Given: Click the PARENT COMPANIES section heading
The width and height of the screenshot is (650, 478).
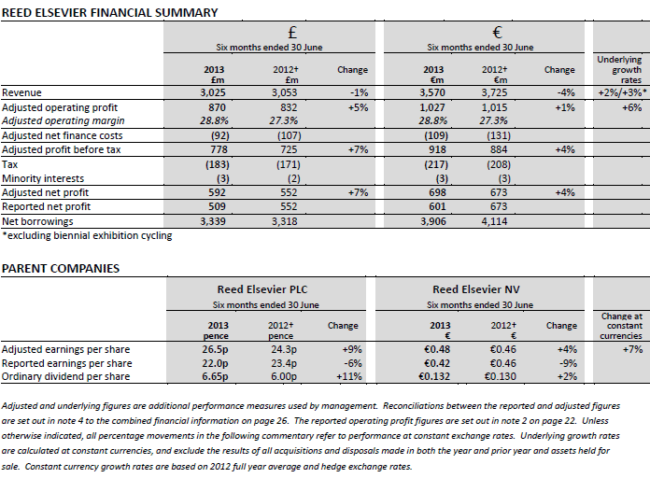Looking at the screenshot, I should [61, 268].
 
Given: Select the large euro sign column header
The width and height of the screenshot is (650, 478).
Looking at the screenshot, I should [480, 33].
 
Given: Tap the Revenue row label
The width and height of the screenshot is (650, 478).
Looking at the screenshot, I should [22, 93].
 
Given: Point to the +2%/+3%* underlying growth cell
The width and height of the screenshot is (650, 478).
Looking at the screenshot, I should [619, 93].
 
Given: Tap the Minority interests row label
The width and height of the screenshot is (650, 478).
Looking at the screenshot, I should [43, 178].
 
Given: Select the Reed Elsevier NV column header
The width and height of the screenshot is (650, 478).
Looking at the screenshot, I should [480, 290].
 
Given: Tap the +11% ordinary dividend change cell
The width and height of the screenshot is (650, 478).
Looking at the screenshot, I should [352, 376].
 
